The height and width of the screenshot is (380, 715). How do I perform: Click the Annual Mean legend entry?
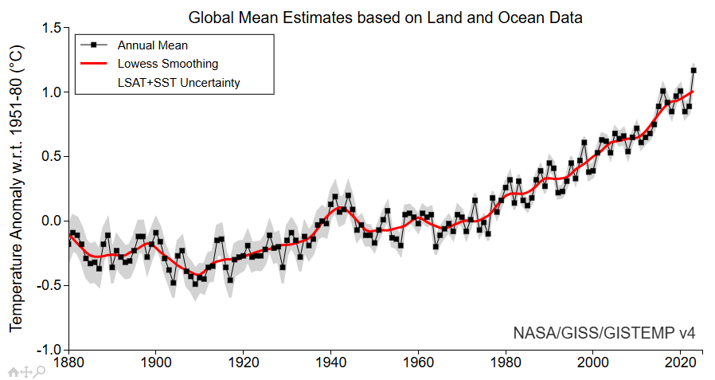pos(152,45)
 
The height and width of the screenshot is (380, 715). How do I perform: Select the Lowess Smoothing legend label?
pos(167,64)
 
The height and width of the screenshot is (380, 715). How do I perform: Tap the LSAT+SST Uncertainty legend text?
pos(178,82)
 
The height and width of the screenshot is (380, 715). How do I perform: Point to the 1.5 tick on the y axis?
pos(51,28)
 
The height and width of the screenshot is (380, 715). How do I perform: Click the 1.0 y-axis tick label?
pos(51,92)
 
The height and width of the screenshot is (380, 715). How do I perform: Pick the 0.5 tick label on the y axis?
pos(51,157)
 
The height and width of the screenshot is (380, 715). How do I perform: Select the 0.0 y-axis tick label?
pos(51,221)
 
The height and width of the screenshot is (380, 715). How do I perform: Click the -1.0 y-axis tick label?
pos(49,350)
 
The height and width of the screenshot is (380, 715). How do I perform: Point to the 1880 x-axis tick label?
pos(68,362)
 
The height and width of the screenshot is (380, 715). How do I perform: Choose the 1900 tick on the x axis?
pos(156,362)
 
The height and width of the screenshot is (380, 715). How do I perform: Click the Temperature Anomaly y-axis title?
pos(17,190)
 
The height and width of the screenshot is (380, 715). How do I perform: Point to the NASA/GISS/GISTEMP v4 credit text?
pos(604,332)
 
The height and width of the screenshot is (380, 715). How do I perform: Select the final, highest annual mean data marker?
pos(694,70)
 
